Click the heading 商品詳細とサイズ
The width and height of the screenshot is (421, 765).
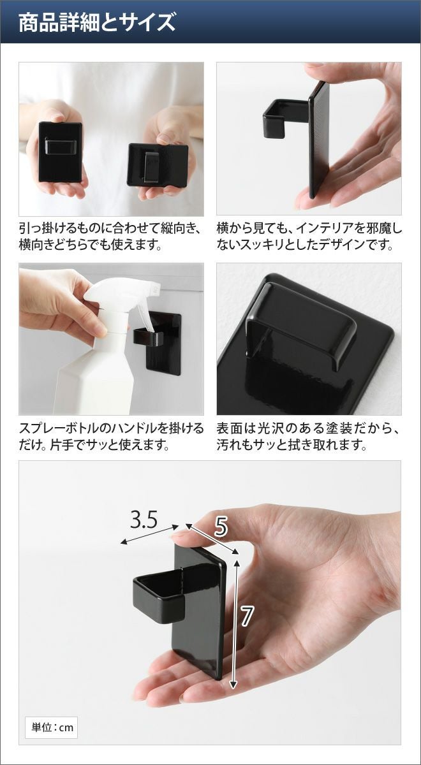(x=97, y=22)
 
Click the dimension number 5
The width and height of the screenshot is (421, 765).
(x=221, y=527)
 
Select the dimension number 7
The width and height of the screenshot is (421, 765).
(x=246, y=616)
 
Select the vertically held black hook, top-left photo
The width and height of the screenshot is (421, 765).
(x=60, y=151)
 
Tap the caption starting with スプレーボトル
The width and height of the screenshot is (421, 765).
(x=111, y=436)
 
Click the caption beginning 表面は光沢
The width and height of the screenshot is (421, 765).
(x=308, y=436)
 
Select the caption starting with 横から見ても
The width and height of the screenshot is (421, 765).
(x=309, y=237)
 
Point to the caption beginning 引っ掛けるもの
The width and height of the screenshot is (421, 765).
(x=109, y=237)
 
